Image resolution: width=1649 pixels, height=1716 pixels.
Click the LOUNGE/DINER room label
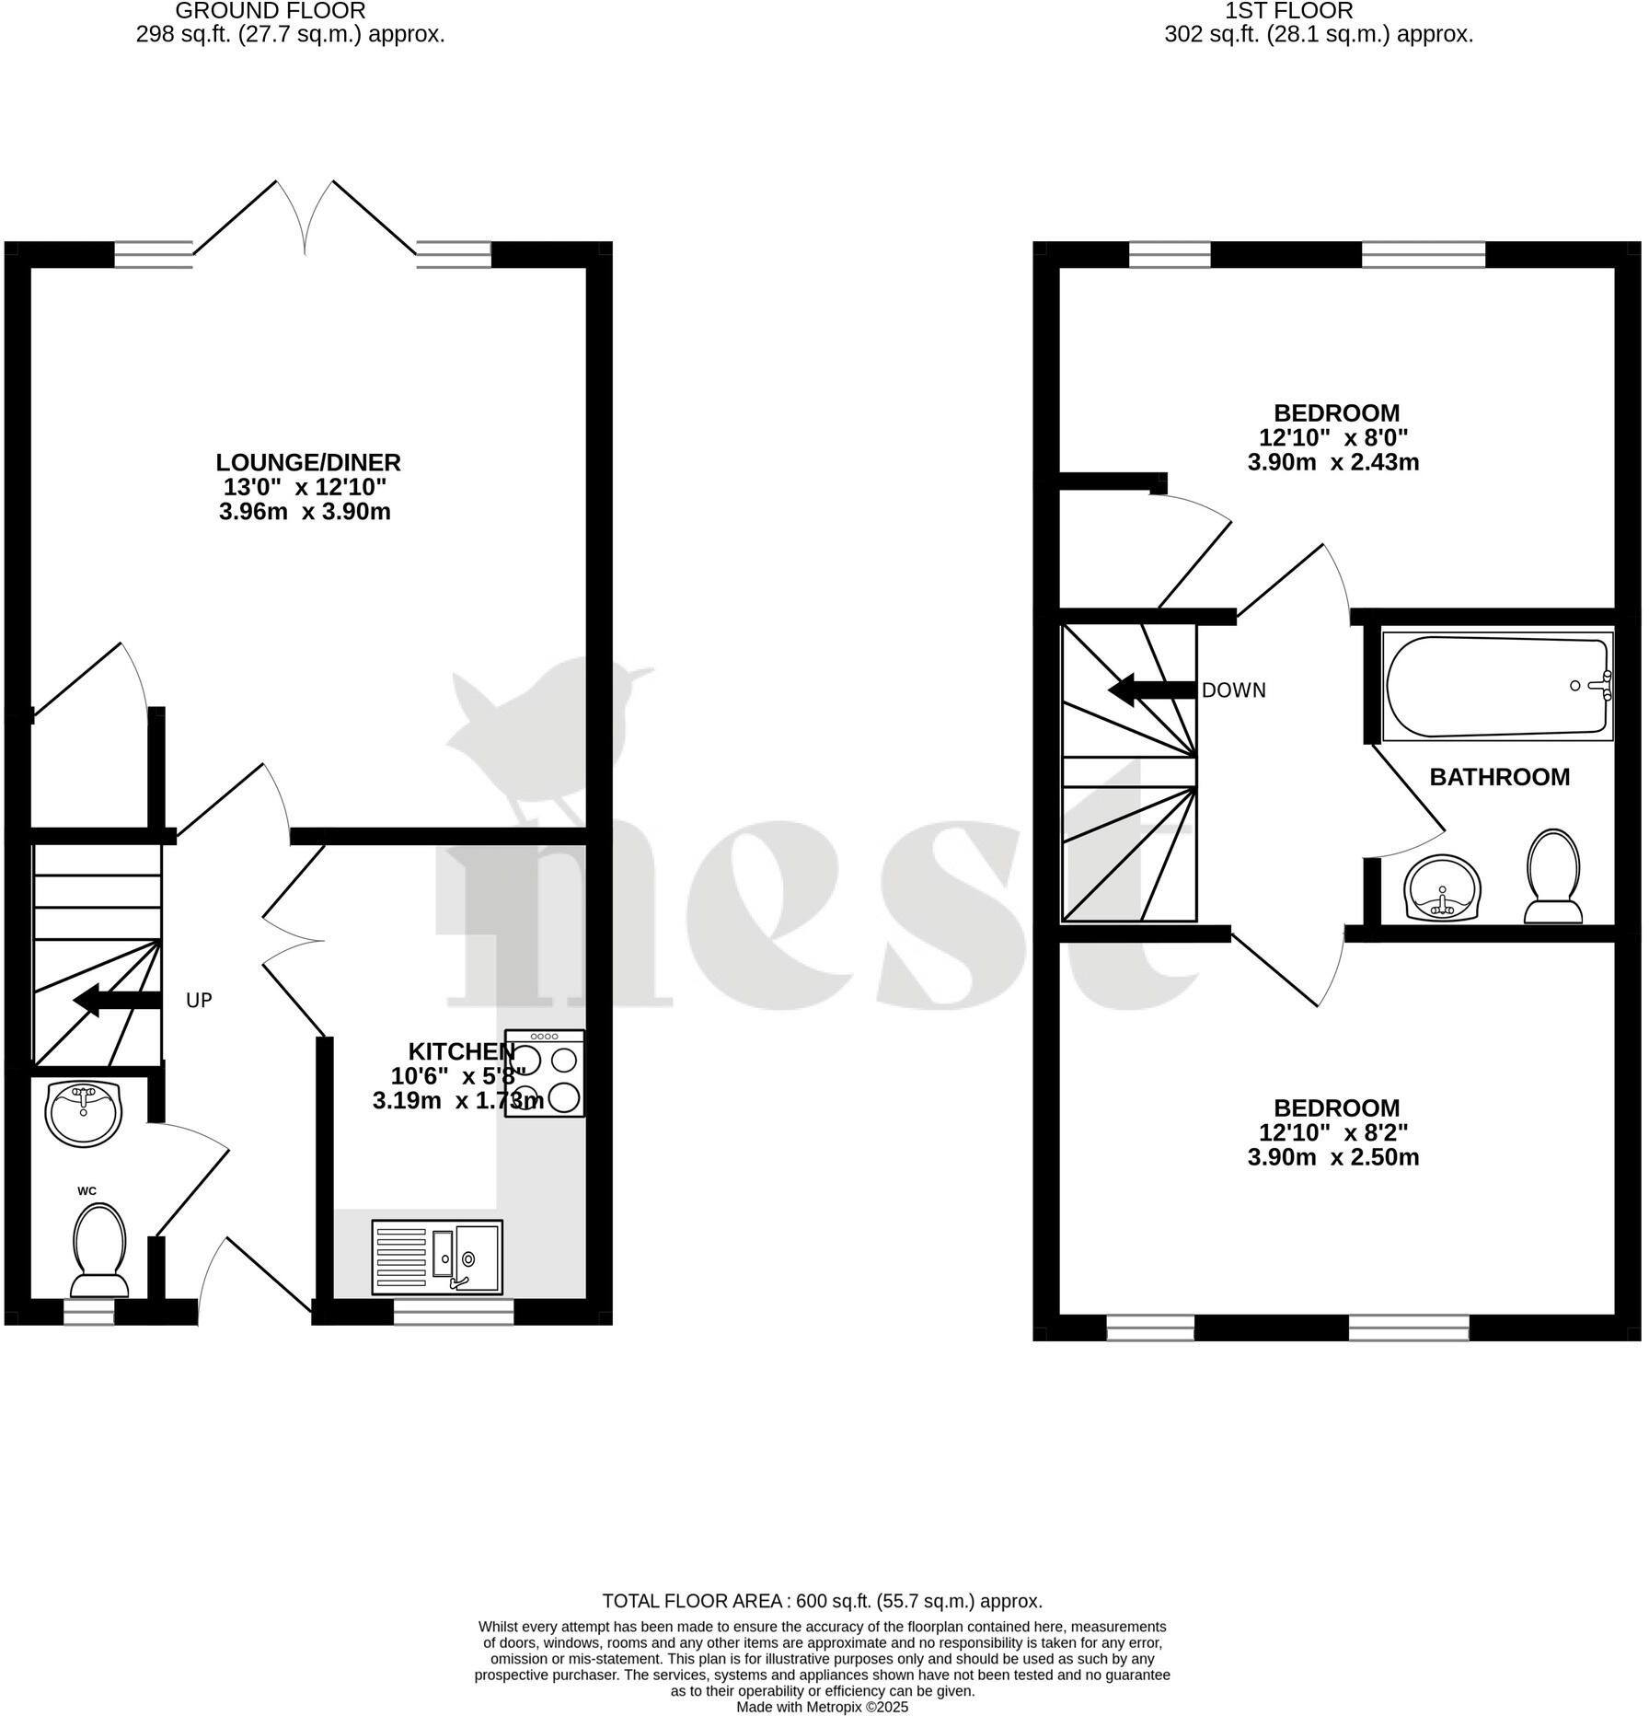click(x=308, y=462)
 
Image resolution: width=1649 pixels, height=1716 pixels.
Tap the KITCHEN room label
click(x=461, y=1051)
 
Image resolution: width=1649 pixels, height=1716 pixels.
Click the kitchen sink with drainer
click(x=438, y=1257)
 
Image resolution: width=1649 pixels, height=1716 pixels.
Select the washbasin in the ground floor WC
click(x=84, y=1114)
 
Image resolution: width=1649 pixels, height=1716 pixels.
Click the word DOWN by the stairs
click(x=1233, y=690)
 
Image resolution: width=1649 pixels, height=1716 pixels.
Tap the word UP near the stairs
click(x=199, y=1000)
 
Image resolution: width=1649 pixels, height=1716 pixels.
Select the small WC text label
click(x=86, y=1191)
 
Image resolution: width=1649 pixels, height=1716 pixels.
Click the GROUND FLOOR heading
click(x=270, y=11)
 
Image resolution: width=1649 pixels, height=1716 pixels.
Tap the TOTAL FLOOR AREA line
click(x=822, y=1601)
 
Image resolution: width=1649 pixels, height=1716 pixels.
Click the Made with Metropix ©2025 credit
click(x=822, y=1707)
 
